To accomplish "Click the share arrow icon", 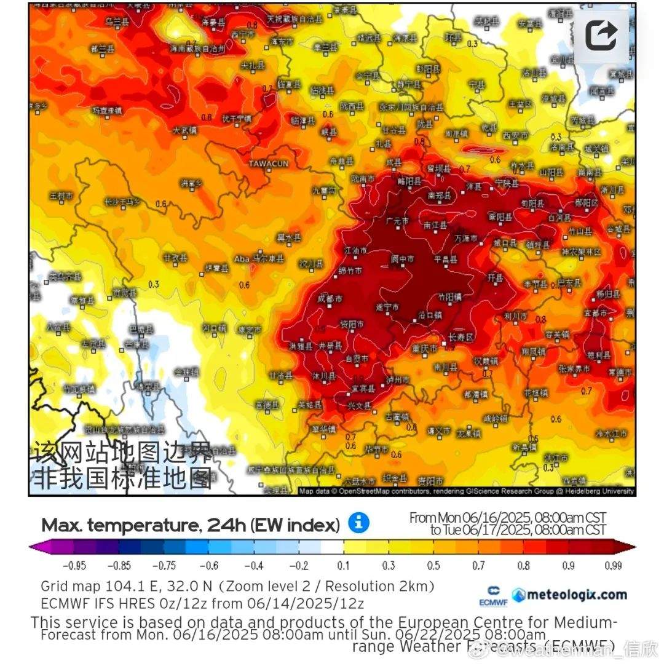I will [601, 35].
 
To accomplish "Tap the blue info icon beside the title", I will [359, 523].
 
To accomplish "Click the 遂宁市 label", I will [387, 306].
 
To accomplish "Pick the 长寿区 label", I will [460, 338].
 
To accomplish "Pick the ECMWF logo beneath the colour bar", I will [493, 596].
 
